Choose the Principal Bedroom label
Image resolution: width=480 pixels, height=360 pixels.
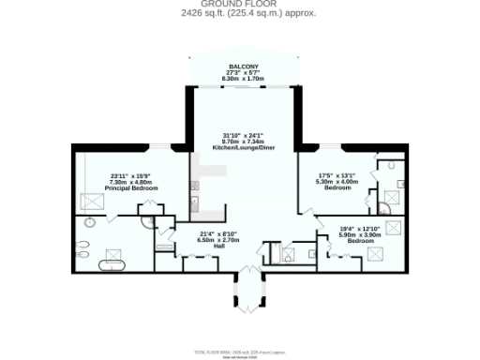tap(131, 188)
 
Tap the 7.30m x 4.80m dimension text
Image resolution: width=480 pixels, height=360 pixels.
tap(131, 183)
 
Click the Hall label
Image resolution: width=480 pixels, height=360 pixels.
tap(217, 246)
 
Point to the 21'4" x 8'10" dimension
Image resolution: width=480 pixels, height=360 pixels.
tap(217, 233)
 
